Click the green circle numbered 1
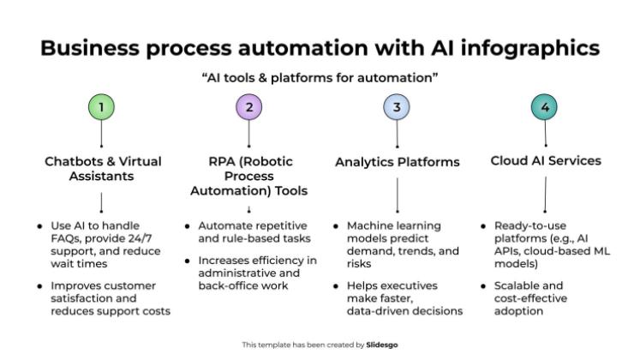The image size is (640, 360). click(102, 107)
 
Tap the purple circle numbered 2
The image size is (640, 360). click(248, 107)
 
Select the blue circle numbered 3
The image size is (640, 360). click(397, 107)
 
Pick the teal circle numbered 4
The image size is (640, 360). click(545, 107)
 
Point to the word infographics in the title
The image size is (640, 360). click(526, 46)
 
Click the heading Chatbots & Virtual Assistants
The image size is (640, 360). click(102, 168)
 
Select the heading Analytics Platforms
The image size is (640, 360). click(397, 162)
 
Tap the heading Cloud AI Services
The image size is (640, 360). click(545, 160)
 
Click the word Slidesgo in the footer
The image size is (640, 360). click(381, 345)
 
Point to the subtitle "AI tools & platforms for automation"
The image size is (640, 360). click(320, 78)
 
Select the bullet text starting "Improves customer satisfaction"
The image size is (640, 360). click(110, 297)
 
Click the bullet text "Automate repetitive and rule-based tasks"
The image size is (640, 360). click(253, 232)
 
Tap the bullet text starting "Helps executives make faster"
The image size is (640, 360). click(403, 297)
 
